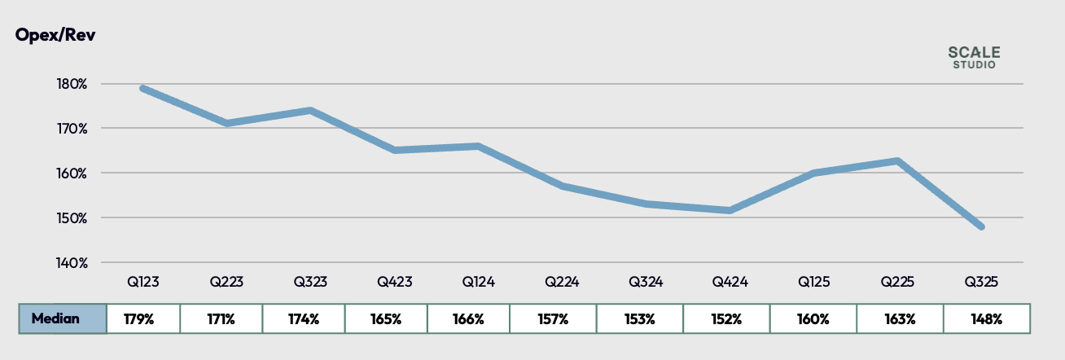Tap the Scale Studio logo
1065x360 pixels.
974,57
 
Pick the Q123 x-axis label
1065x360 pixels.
142,283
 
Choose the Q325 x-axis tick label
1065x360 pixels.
982,283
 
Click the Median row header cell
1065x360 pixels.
63,318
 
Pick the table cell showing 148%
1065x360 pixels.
987,318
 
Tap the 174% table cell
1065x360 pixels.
304,318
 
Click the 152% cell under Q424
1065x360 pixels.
726,318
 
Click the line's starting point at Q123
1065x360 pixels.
142,88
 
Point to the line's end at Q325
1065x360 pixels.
981,226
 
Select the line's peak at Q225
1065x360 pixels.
897,160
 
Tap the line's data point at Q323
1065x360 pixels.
310,110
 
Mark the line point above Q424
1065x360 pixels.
730,210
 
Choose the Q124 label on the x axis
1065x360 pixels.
478,283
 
